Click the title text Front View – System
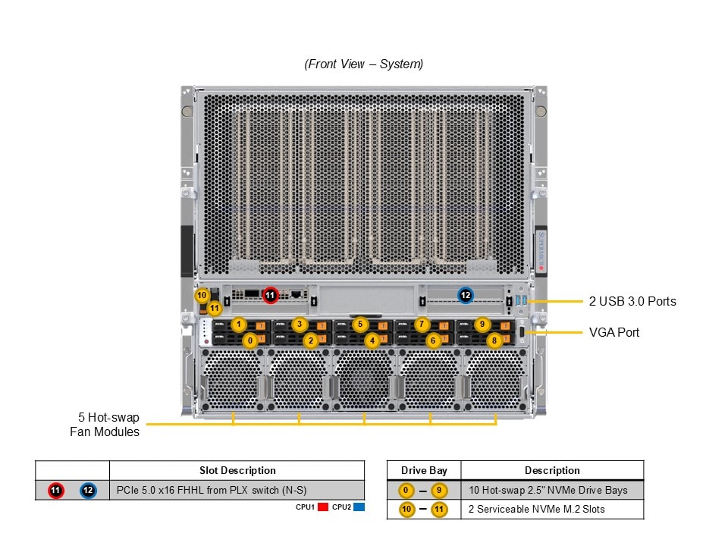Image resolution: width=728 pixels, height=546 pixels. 364,64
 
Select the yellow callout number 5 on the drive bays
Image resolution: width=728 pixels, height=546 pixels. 361,325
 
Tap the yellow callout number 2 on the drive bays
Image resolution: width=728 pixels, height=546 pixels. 309,341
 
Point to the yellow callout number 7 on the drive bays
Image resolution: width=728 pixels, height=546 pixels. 423,325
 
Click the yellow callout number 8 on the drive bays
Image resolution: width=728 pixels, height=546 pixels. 494,341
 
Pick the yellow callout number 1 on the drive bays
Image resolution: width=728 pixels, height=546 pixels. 239,325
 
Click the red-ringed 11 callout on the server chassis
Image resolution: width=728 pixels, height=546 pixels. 271,295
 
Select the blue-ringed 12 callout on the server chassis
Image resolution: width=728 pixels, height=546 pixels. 466,295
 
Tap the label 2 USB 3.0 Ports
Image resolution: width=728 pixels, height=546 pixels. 632,301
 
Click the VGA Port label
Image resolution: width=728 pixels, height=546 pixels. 614,332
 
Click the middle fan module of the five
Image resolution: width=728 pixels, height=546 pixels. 363,378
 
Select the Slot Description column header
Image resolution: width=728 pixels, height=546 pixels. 237,471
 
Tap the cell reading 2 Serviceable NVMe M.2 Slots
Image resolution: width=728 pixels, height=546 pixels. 536,510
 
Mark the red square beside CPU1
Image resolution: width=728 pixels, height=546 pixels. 322,507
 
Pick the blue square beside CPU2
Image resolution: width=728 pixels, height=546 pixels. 359,507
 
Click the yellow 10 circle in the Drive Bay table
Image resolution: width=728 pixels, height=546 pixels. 407,510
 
